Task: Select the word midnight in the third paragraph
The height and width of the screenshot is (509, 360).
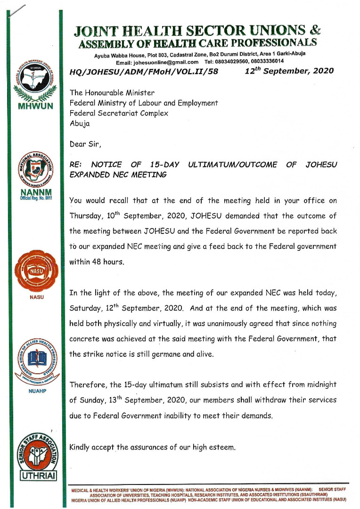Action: [319, 385]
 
